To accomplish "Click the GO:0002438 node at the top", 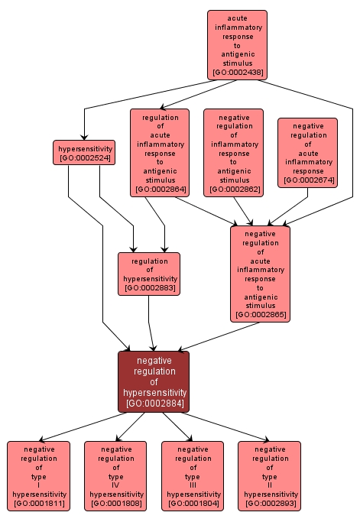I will coord(237,45).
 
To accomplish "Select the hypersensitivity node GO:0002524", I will coord(84,152).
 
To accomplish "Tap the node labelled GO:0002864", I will coord(159,153).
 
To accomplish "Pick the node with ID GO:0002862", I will coord(233,153).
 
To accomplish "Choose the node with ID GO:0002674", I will coord(307,152).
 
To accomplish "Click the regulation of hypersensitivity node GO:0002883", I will coord(149,274).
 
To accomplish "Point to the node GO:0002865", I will coord(260,274).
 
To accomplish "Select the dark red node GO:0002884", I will coord(154,381).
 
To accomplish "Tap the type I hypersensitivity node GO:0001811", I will coord(38,476).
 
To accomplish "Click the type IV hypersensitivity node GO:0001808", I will coord(115,476).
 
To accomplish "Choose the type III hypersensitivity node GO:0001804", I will coord(193,476).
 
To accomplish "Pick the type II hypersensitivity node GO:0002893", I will coord(269,476).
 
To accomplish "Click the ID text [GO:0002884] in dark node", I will coord(154,403).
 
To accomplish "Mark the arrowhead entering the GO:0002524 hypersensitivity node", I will coord(84,137).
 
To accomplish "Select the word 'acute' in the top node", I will coord(237,17).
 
